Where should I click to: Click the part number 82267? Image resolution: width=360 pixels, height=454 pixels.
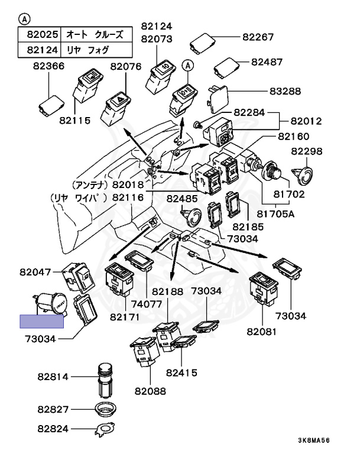(x=258, y=37)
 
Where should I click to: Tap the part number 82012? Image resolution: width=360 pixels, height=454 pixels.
(x=306, y=121)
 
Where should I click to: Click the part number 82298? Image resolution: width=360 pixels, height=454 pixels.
(x=307, y=152)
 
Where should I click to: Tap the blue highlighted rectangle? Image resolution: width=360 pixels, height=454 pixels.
(x=42, y=321)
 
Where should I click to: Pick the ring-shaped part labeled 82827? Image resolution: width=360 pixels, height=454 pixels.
(x=106, y=408)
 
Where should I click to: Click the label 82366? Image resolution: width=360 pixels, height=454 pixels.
(x=47, y=67)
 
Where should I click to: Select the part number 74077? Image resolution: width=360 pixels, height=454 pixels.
(x=145, y=305)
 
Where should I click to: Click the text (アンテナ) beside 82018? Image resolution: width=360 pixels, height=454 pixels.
(x=89, y=184)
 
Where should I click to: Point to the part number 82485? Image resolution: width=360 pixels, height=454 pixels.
(x=183, y=199)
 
